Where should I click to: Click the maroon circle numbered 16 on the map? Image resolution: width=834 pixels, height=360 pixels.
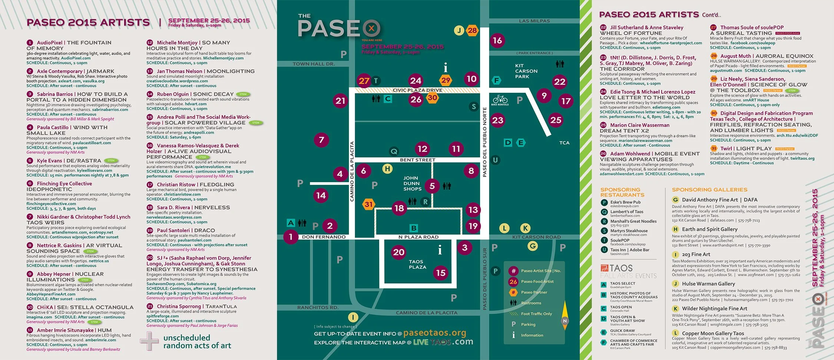[x=497, y=40]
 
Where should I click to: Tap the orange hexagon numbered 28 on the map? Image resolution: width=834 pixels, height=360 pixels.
[x=472, y=30]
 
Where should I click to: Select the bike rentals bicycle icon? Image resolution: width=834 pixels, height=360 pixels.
[x=500, y=99]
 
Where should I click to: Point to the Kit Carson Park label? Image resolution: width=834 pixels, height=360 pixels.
[x=526, y=71]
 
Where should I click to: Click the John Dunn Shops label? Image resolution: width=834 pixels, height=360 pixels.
[x=412, y=184]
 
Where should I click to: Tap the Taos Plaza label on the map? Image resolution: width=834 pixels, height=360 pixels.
[x=417, y=264]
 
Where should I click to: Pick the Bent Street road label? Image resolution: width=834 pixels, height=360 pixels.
[x=417, y=160]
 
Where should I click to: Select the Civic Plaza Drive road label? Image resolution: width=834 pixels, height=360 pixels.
[x=417, y=90]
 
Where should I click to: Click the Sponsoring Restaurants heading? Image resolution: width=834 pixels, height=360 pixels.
[x=622, y=192]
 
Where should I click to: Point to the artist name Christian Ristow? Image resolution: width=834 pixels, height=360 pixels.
[x=176, y=184]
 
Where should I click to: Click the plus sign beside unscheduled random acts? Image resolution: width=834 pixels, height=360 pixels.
[x=150, y=341]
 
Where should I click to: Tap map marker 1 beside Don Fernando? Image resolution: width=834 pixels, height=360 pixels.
[x=291, y=237]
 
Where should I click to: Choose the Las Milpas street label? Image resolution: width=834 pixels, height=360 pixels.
[x=534, y=21]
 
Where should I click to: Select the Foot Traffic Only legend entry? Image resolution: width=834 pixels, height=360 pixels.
[x=536, y=314]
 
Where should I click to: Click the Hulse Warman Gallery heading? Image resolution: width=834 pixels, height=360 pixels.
[x=708, y=284]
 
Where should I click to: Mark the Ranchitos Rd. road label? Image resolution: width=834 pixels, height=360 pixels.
[x=318, y=307]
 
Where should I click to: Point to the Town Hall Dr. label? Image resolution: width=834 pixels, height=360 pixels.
[x=314, y=64]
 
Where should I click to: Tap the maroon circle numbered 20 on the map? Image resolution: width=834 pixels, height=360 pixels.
[x=398, y=252]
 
